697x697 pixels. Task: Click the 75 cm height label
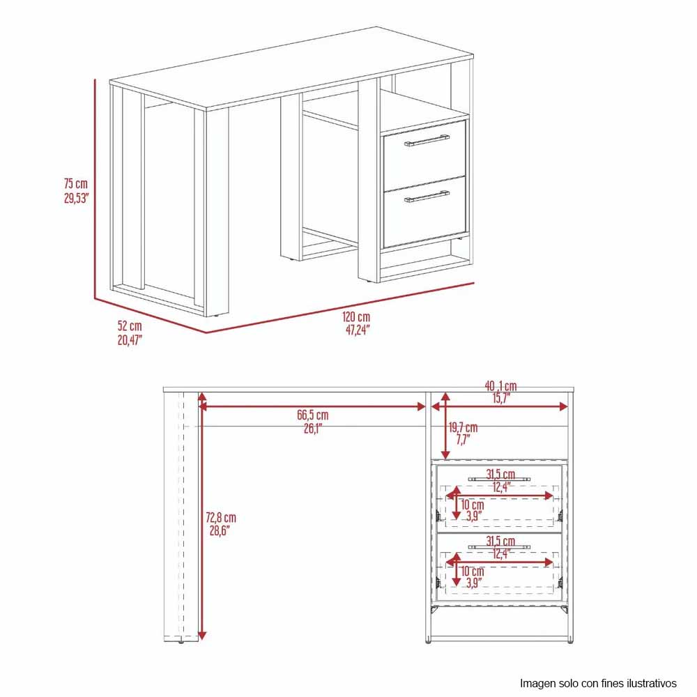76,183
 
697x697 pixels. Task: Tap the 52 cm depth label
130,325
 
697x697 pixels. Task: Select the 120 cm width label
356,317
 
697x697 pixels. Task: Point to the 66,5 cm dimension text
313,415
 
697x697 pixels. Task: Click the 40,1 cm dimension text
501,386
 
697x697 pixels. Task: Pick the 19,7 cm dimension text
464,428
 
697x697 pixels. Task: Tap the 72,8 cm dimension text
221,517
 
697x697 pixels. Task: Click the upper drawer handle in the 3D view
427,141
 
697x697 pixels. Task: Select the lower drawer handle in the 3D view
427,197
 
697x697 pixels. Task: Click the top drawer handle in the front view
499,480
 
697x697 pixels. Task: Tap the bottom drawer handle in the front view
499,546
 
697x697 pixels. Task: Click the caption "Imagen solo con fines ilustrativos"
598,683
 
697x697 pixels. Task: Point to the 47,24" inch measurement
358,330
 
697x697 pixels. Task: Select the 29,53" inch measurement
77,198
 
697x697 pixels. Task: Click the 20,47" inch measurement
130,341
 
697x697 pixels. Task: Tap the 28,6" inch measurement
220,530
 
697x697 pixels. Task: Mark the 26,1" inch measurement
313,429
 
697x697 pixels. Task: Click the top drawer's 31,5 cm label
500,474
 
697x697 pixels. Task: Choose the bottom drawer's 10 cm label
472,572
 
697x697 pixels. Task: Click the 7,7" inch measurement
464,440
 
